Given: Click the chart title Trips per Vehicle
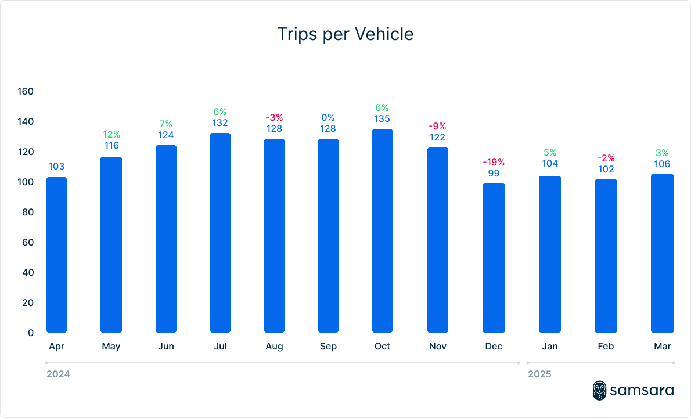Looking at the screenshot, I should click(345, 34).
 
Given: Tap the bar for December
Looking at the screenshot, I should click(494, 258).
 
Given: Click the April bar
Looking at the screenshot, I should click(56, 255).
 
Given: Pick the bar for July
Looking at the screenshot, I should click(220, 233).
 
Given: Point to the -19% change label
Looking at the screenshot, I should click(494, 162).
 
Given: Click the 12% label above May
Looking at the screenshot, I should click(111, 134).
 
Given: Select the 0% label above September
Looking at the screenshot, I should click(328, 118).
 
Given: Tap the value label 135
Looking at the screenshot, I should click(382, 119).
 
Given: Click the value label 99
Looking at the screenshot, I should click(494, 173).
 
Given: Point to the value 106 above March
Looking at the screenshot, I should click(663, 164).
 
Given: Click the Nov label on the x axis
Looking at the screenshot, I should click(437, 347).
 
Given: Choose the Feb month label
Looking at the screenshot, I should click(606, 347).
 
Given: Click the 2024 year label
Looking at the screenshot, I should click(58, 374).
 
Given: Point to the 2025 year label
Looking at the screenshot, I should click(539, 374).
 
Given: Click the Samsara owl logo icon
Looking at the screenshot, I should click(600, 390).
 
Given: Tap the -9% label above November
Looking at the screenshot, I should click(437, 126).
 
